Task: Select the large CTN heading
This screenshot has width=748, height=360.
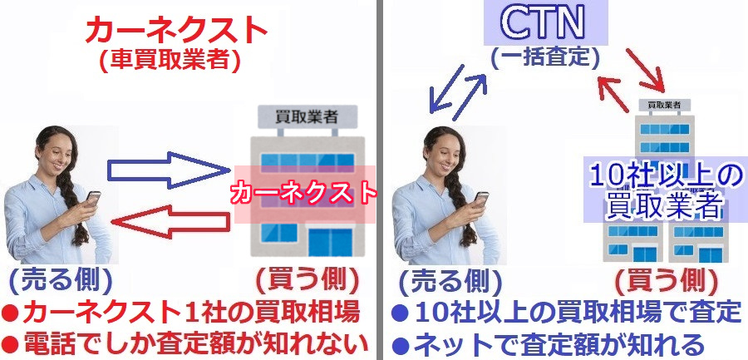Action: click(x=545, y=22)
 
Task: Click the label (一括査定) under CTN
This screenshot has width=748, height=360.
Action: click(x=544, y=57)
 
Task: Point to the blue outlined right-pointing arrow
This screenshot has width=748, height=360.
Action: click(x=169, y=170)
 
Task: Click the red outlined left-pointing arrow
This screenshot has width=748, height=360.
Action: click(x=170, y=221)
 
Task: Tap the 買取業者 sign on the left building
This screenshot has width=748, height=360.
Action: click(x=308, y=117)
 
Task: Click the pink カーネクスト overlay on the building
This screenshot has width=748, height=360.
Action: click(x=304, y=195)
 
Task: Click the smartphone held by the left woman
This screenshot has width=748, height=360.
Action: click(x=93, y=198)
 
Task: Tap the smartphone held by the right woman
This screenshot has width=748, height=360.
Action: click(x=481, y=198)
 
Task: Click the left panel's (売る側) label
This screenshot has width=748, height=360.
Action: click(x=61, y=281)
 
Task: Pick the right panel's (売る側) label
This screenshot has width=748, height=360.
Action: click(x=450, y=281)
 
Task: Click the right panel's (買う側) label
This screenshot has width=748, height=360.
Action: click(x=667, y=281)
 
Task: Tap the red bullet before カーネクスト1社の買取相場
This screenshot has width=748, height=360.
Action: click(x=11, y=313)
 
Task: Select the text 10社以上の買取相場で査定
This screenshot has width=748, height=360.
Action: click(x=578, y=313)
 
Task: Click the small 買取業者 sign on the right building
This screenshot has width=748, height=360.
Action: click(x=663, y=104)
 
